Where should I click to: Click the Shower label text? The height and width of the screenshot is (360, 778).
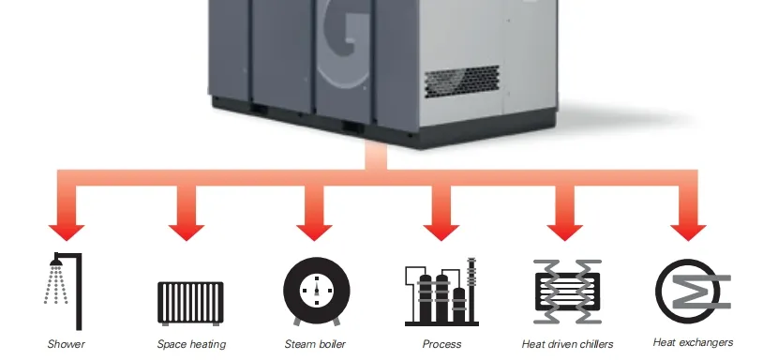tap(66, 344)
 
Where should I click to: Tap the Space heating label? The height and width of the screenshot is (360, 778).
tap(191, 344)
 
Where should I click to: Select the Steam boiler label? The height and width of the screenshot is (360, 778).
tap(315, 344)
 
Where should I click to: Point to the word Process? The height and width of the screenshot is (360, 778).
tap(441, 344)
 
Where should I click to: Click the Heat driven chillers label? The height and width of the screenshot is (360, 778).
tap(567, 344)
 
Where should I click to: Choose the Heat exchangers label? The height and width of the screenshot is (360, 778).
tap(693, 342)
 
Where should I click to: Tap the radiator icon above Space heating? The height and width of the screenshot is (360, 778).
tap(190, 302)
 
